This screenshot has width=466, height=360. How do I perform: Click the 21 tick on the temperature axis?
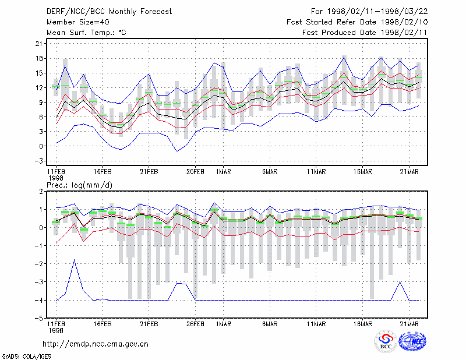[39, 44]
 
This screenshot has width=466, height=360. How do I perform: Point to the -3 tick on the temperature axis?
[39, 161]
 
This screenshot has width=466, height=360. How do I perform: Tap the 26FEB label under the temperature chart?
[195, 172]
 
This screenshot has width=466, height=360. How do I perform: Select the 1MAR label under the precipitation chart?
[224, 324]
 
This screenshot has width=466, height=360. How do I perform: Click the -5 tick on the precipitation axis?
[39, 319]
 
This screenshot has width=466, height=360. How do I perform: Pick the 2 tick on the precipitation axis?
[41, 192]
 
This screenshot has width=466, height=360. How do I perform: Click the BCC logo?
[386, 341]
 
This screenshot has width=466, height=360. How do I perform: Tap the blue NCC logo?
[412, 341]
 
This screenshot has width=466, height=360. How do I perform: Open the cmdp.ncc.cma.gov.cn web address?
[96, 344]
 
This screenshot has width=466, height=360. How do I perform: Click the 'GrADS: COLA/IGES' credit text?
[26, 357]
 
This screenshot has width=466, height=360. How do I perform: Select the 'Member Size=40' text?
[78, 22]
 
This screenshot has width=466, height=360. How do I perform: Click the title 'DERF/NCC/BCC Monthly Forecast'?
[109, 12]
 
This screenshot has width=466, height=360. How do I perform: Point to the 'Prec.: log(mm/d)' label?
[79, 185]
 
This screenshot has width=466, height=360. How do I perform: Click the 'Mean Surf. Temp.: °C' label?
[86, 33]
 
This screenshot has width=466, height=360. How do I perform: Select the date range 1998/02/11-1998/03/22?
[377, 12]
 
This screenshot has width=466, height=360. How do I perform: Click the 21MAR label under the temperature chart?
[409, 172]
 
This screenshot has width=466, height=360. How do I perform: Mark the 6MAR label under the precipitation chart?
[270, 324]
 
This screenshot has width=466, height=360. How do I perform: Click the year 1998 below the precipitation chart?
[56, 330]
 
